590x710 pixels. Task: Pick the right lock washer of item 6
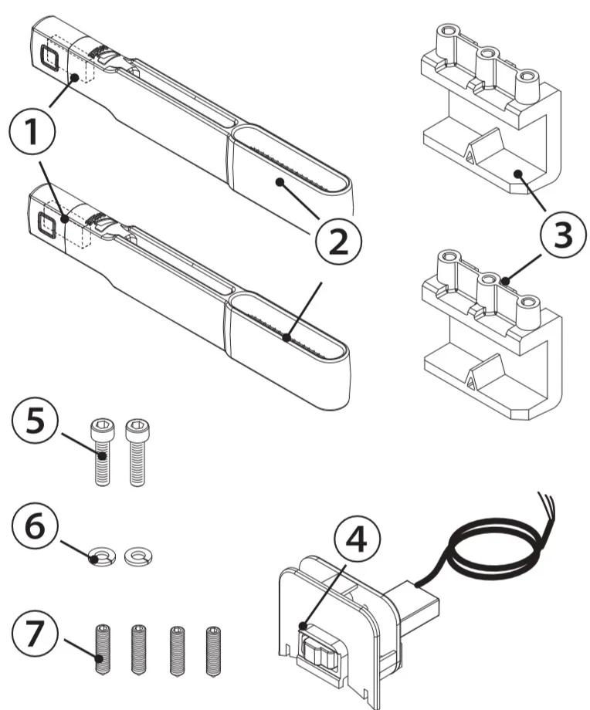pyautogui.click(x=137, y=556)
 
